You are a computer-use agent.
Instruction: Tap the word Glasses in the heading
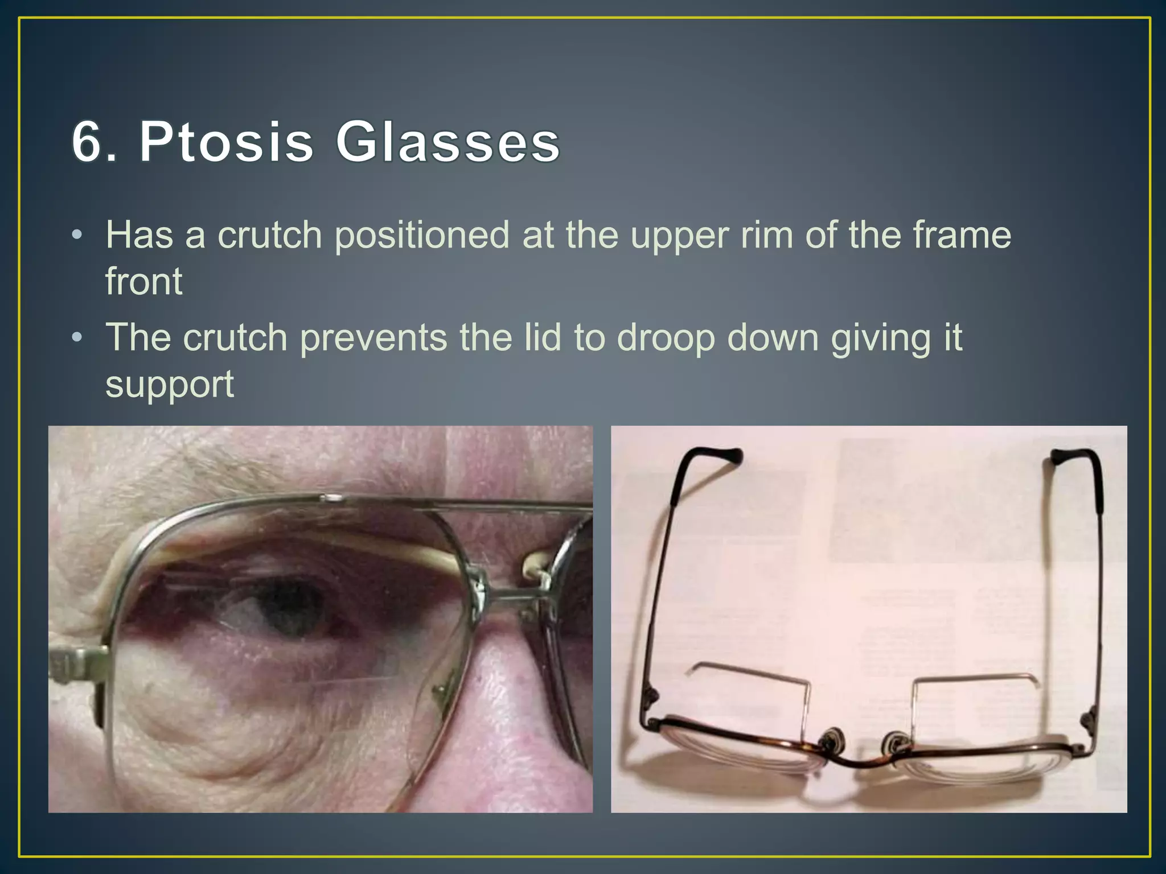pyautogui.click(x=447, y=142)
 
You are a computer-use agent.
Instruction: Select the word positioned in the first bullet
pyautogui.click(x=421, y=236)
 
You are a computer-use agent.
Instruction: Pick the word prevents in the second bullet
pyautogui.click(x=373, y=338)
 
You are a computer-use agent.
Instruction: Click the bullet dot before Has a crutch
pyautogui.click(x=77, y=236)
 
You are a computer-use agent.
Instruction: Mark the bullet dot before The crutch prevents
pyautogui.click(x=77, y=338)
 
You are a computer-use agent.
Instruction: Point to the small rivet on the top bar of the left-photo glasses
pyautogui.click(x=330, y=499)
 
